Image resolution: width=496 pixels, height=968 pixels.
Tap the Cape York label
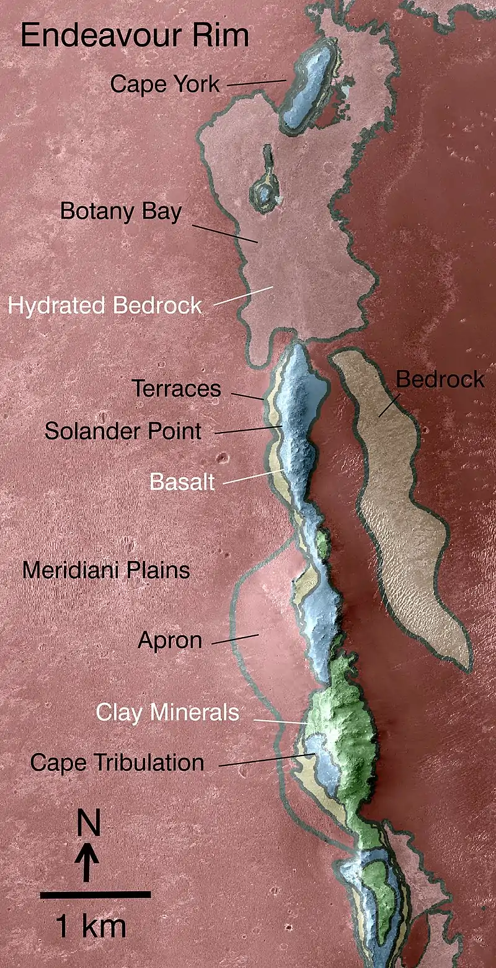(x=165, y=84)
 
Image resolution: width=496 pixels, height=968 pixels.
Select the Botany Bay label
(x=121, y=211)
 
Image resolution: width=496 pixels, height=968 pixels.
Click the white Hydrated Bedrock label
(x=104, y=305)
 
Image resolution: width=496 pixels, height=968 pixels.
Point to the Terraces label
(x=176, y=389)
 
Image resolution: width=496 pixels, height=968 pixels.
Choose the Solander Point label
(x=123, y=431)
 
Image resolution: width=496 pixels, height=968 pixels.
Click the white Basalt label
(x=182, y=482)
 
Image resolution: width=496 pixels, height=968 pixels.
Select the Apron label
(x=170, y=640)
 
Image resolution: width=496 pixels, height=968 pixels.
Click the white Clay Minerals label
(x=167, y=712)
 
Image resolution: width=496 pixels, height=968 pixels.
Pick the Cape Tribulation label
(x=117, y=762)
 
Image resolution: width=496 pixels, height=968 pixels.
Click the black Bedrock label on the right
(x=440, y=379)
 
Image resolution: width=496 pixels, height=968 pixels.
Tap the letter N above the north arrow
(x=89, y=824)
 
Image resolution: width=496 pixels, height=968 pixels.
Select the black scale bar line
(x=95, y=894)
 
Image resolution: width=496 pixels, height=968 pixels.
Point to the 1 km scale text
(x=91, y=926)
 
